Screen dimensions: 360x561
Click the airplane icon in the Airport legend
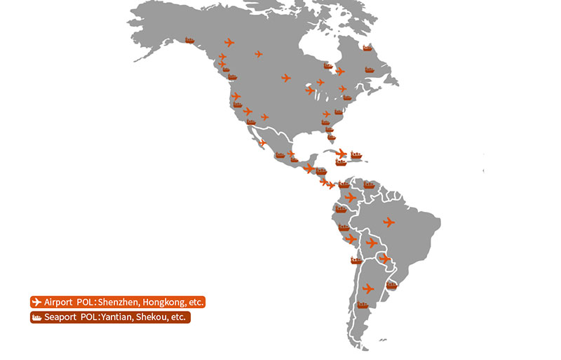[36, 302]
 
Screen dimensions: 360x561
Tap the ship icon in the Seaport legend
[36, 318]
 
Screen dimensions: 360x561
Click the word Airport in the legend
[58, 302]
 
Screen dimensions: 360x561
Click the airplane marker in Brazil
[389, 222]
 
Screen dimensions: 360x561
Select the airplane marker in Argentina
[368, 288]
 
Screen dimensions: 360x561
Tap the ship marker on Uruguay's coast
[391, 286]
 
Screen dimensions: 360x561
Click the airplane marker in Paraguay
[384, 259]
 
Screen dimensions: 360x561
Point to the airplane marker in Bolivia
[372, 243]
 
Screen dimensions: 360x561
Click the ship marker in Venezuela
[369, 185]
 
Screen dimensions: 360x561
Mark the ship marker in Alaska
[189, 41]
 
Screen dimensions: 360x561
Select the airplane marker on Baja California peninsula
[262, 143]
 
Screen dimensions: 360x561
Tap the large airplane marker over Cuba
[341, 154]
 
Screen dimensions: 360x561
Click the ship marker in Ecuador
[342, 208]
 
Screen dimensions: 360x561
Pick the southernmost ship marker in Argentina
[363, 305]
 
